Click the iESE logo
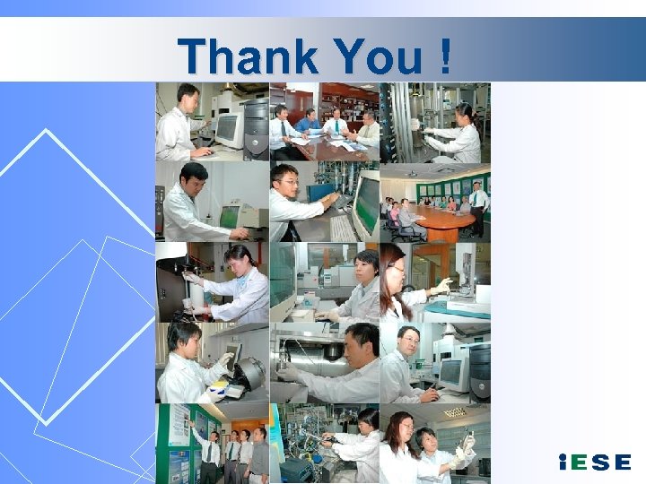click(594, 462)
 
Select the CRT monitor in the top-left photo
click(228, 130)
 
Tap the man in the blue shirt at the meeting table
click(308, 121)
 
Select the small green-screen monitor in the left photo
click(230, 216)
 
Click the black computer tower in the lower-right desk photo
click(480, 367)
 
